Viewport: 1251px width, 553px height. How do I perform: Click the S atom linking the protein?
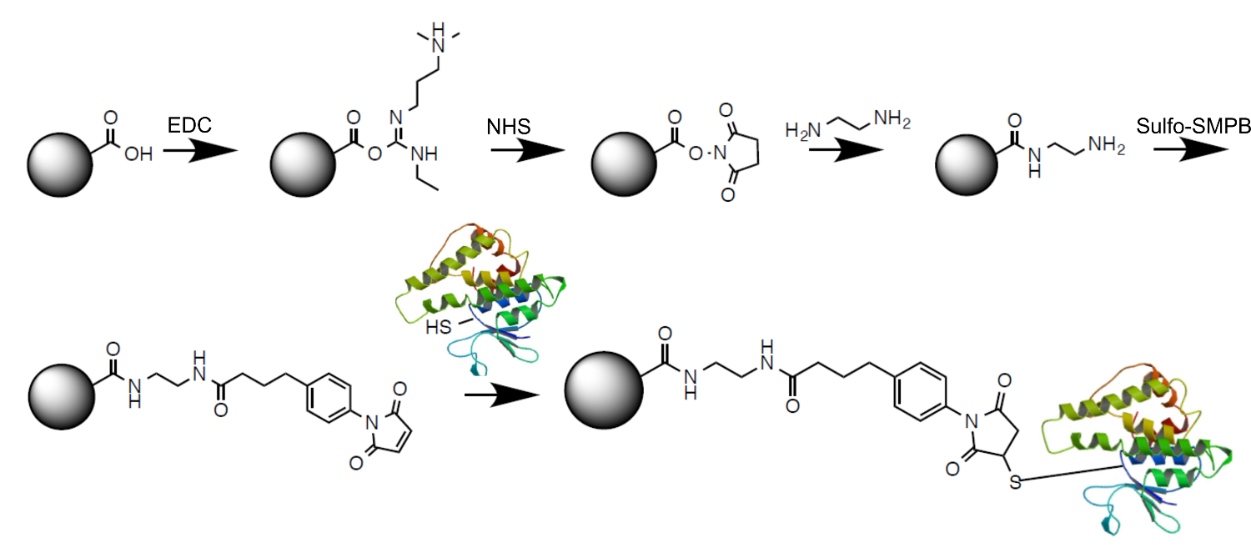click(x=1014, y=480)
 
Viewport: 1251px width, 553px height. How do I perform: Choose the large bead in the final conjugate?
click(x=603, y=394)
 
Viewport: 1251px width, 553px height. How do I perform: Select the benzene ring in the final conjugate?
click(x=921, y=391)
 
